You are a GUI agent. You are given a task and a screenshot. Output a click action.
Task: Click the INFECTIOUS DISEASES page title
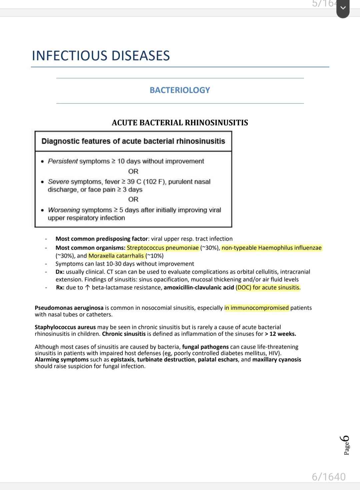(101, 55)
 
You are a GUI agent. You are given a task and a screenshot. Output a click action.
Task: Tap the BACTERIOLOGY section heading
(180, 90)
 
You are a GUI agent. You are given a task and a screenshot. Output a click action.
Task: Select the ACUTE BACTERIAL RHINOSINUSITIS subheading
(180, 123)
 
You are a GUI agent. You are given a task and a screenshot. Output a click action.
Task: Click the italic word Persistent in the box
(63, 161)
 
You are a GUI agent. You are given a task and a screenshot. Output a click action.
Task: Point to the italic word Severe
(58, 182)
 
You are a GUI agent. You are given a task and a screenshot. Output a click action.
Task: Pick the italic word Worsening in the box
(64, 210)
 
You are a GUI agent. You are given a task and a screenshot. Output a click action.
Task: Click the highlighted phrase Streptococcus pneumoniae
(163, 248)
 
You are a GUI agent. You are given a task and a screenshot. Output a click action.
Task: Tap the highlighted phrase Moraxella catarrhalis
(116, 256)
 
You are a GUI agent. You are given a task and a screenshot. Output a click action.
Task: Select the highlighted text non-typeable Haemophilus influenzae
(272, 248)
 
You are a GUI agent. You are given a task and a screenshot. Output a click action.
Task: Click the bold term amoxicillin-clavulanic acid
(199, 288)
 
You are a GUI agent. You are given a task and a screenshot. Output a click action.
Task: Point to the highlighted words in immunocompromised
(257, 308)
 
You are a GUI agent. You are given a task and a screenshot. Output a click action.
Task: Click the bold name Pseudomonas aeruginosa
(69, 308)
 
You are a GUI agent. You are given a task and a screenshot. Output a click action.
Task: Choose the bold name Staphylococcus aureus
(65, 327)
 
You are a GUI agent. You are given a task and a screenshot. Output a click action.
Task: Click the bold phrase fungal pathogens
(205, 347)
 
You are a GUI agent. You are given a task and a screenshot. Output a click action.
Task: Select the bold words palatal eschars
(218, 360)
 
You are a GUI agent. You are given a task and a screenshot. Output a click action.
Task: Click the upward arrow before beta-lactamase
(87, 288)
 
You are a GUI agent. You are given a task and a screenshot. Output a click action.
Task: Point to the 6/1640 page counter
(329, 477)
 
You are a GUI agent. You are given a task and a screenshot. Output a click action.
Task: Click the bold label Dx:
(60, 272)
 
